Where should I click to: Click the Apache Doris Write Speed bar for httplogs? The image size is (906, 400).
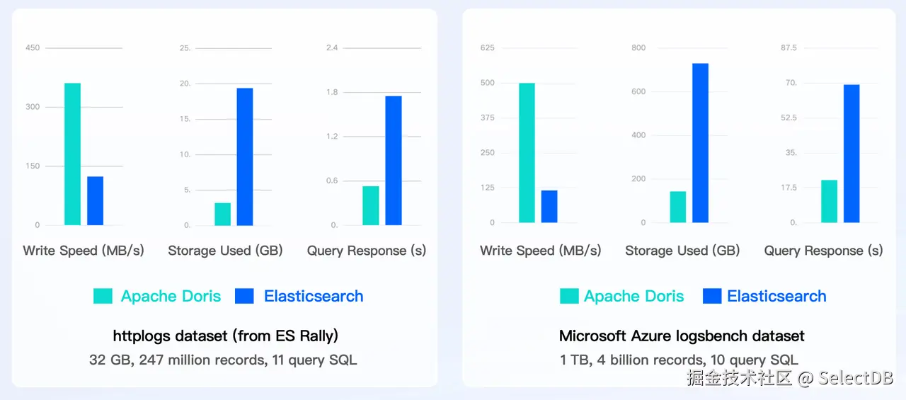tap(72, 154)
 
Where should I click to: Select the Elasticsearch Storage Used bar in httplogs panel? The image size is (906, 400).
tap(245, 156)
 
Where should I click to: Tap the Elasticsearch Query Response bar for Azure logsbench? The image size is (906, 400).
tap(851, 154)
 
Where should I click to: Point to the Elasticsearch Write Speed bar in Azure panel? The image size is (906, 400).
tap(549, 206)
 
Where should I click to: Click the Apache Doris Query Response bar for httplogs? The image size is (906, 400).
tap(371, 205)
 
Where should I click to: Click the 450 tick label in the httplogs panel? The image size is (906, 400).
tap(33, 48)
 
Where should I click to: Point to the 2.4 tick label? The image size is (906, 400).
tap(331, 48)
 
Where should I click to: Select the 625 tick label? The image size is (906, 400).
tap(487, 48)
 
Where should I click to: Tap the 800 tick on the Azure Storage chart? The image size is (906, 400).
tap(638, 48)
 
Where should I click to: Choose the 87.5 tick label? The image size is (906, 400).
tap(789, 48)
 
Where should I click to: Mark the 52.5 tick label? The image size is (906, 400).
tap(789, 118)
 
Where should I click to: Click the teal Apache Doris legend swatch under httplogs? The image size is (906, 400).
tap(103, 296)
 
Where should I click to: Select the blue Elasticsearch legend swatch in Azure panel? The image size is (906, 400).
tap(712, 296)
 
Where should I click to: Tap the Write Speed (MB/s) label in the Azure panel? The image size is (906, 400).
tap(541, 251)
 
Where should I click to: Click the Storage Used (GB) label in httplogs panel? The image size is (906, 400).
tap(225, 251)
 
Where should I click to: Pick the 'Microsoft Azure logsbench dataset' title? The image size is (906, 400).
tap(682, 336)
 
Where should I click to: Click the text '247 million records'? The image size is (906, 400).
tap(200, 360)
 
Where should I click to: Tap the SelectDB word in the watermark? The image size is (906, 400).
tap(856, 377)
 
